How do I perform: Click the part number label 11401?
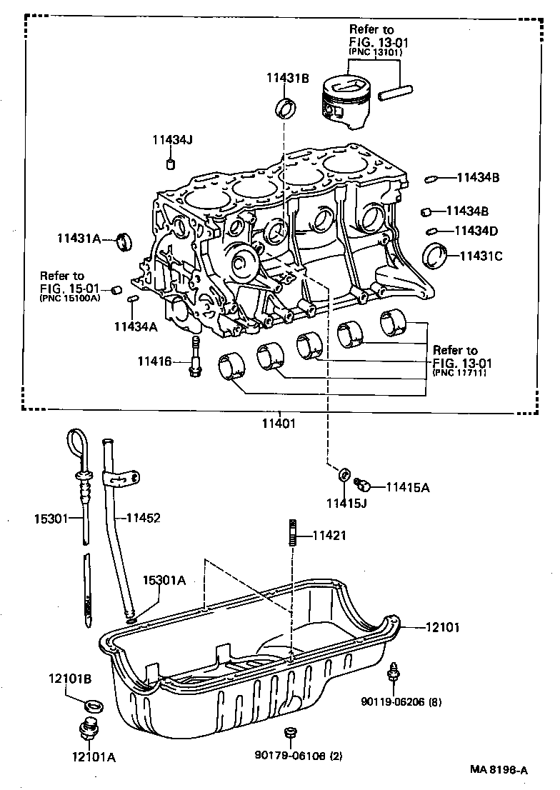pos(278,423)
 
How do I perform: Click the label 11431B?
pos(288,79)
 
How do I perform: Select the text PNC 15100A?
pos(70,299)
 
